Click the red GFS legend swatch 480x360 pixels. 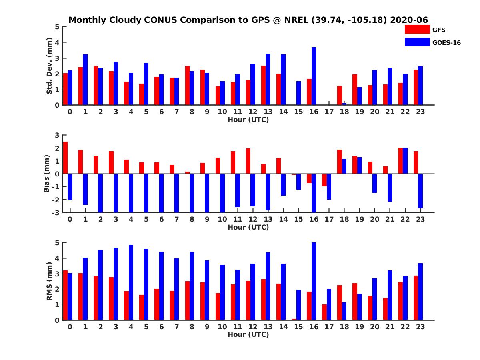point(417,29)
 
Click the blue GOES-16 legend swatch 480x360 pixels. point(417,42)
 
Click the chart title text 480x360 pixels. point(248,20)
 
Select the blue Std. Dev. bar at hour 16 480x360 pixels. point(314,76)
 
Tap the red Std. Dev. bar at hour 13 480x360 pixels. point(263,85)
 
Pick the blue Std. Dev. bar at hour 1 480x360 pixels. point(85,80)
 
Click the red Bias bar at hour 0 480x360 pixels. point(65,158)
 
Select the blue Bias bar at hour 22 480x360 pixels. point(405,160)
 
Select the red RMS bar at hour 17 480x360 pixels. point(324,312)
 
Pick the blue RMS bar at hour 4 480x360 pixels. point(131,282)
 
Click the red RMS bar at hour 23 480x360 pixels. point(416,298)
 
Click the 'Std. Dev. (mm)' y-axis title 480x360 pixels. point(50,66)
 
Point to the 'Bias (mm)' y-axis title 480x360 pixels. point(46,173)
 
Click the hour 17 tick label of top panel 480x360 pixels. point(329,112)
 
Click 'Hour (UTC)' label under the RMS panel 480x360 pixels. point(248,334)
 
